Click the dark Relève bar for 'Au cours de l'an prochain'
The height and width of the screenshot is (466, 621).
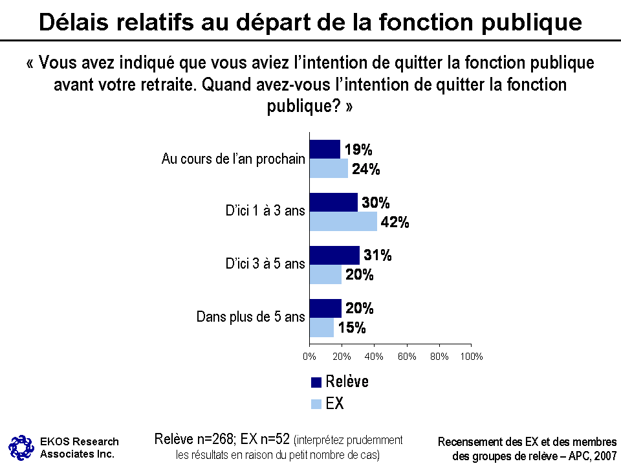click(325, 149)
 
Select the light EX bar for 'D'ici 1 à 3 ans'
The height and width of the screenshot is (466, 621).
click(343, 221)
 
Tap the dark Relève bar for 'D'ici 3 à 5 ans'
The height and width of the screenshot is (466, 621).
click(334, 255)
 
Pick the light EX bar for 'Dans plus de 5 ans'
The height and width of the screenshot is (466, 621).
click(321, 327)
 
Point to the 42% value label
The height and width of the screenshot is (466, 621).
click(395, 222)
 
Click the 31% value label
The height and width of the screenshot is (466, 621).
click(377, 255)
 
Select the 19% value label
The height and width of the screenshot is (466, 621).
click(358, 150)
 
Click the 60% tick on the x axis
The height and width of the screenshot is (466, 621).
click(407, 357)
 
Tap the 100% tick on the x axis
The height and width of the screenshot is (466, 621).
click(472, 357)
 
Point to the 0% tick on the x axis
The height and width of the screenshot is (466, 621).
click(310, 357)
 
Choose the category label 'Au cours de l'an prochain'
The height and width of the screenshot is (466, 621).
click(233, 159)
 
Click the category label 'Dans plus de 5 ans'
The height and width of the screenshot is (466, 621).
click(250, 317)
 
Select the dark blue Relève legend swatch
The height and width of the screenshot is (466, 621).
click(316, 382)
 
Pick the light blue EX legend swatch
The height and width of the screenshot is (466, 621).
click(316, 405)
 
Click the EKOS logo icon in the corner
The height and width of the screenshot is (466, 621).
click(20, 446)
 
